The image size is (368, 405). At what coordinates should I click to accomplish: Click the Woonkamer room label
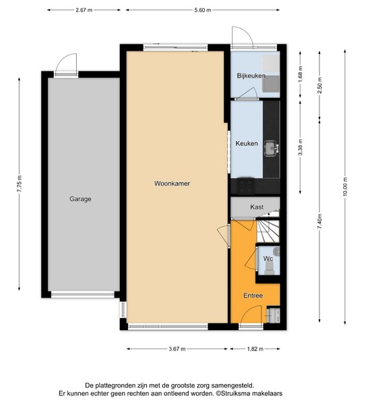point(172,184)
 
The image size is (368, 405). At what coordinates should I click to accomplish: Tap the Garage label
point(80,199)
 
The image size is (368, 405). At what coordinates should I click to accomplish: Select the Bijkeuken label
point(251,76)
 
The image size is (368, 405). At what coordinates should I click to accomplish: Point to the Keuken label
point(247,143)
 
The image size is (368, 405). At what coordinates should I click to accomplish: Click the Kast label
point(257,207)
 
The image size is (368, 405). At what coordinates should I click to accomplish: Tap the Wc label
point(268,259)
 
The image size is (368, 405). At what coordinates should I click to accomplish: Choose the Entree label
point(253,296)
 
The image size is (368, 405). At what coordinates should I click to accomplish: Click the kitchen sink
point(271,148)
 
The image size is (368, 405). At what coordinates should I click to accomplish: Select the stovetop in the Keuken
point(245,186)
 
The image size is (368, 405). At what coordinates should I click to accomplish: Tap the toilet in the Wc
point(270,269)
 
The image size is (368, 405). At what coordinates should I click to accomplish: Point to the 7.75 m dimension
point(20,184)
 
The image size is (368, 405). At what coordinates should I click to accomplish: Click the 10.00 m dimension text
point(345,186)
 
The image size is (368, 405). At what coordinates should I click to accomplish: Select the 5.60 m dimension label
point(203,10)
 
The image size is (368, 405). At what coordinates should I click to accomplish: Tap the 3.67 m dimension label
point(177,349)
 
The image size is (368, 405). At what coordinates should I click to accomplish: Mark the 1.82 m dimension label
point(255,349)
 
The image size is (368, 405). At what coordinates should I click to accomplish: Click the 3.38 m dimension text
point(300,147)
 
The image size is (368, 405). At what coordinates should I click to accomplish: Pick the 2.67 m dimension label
point(84,10)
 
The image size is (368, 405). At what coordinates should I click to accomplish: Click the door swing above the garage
point(66,63)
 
